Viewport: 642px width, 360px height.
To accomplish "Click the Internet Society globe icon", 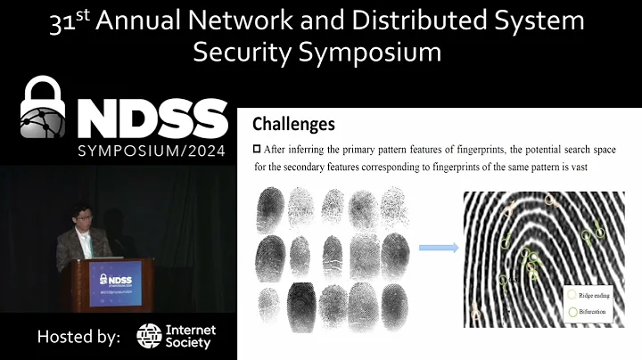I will pyautogui.click(x=149, y=336).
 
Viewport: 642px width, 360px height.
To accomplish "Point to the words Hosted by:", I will pyautogui.click(x=78, y=337).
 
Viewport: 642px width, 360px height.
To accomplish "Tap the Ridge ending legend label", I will pyautogui.click(x=598, y=294).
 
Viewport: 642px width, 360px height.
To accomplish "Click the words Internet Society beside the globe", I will pyautogui.click(x=191, y=336).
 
